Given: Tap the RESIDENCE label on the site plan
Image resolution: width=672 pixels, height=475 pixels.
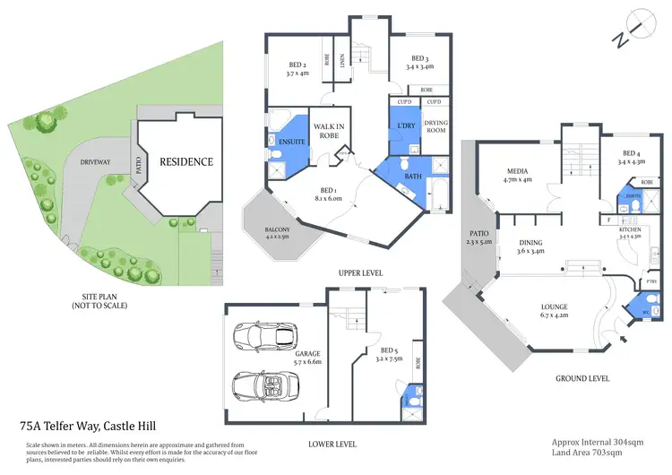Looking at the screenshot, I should pos(186,162).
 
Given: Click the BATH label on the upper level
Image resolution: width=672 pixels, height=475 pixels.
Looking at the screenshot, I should pos(412,177).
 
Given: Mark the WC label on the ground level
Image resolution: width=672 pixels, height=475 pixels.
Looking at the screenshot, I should pos(642,312).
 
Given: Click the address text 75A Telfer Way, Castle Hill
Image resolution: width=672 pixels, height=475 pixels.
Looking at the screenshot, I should pos(92,428).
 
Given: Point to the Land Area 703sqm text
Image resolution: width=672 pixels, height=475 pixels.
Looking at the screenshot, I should pos(587,453).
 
